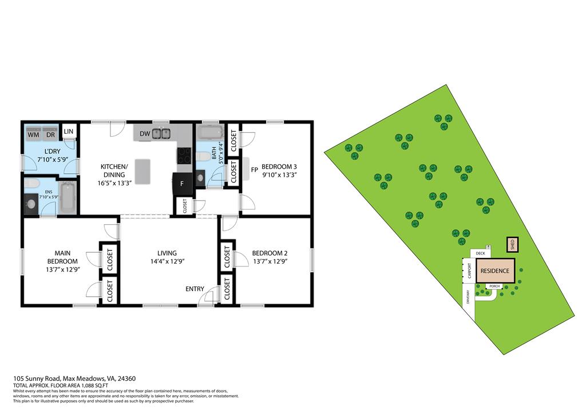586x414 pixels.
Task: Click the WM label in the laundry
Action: [34, 136]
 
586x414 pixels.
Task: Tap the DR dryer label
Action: [50, 136]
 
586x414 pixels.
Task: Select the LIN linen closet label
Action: [69, 132]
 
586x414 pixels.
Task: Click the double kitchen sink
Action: [161, 134]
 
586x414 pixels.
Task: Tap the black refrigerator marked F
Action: [183, 184]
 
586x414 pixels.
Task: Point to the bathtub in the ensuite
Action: [68, 197]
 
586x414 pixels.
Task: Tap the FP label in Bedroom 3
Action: [254, 169]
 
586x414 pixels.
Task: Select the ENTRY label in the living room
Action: [195, 289]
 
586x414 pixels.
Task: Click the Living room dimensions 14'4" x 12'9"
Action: [167, 261]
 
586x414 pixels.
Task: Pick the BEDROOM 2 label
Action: [270, 253]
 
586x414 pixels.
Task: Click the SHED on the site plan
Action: [512, 245]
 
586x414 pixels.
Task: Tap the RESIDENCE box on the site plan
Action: [494, 270]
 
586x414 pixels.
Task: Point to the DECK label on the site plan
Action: [480, 253]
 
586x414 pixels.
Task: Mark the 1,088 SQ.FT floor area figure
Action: [92, 386]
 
